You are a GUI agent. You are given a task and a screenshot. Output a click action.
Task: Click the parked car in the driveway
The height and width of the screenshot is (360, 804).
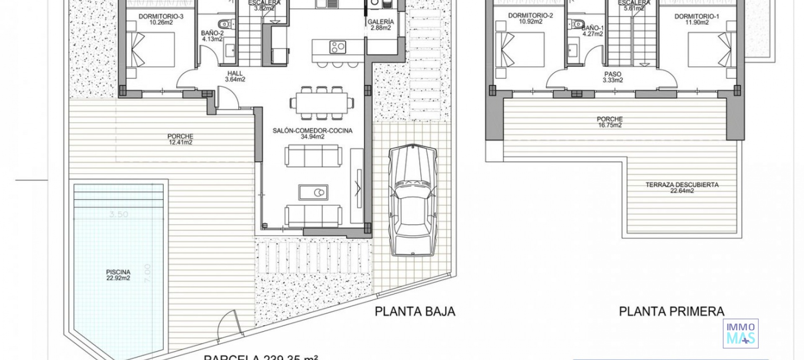pyautogui.click(x=412, y=200)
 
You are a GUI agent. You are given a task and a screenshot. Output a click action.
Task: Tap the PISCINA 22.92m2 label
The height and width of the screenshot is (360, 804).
pyautogui.click(x=118, y=275)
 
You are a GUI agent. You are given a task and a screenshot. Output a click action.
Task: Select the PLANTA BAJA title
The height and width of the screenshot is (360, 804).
pyautogui.click(x=415, y=311)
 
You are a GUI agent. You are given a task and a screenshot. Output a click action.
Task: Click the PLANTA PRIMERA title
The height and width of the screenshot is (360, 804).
pyautogui.click(x=671, y=311)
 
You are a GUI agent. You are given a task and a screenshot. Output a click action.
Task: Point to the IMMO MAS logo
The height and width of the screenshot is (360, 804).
pyautogui.click(x=740, y=334)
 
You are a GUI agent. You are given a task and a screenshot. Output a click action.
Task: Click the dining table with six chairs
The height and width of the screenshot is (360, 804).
pyautogui.click(x=321, y=103)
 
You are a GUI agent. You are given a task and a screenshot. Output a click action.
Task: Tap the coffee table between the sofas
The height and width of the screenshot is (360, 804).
pyautogui.click(x=313, y=192)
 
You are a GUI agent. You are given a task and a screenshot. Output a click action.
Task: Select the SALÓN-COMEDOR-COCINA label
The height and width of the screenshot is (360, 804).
pyautogui.click(x=312, y=134)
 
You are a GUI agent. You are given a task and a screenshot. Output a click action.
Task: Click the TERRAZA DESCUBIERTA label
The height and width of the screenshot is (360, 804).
pyautogui.click(x=682, y=188)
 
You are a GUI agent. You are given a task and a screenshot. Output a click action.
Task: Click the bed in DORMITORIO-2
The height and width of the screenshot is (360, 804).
pyautogui.click(x=520, y=50)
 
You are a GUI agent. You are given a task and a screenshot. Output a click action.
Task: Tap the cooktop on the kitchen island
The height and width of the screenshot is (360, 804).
pyautogui.click(x=337, y=47)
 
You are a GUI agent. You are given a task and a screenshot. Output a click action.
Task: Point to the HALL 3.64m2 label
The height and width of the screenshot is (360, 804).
pyautogui.click(x=235, y=76)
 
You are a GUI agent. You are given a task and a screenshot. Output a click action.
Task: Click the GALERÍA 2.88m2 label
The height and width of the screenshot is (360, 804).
pyautogui.click(x=381, y=25)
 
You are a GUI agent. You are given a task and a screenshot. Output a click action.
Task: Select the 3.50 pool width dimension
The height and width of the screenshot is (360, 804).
pyautogui.click(x=119, y=214)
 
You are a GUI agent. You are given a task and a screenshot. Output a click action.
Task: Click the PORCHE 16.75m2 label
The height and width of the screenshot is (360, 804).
pyautogui.click(x=610, y=122)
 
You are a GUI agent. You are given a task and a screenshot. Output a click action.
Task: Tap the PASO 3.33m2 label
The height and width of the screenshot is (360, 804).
pyautogui.click(x=613, y=77)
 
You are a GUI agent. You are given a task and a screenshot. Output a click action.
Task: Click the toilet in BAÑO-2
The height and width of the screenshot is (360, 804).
pyautogui.click(x=222, y=23)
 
